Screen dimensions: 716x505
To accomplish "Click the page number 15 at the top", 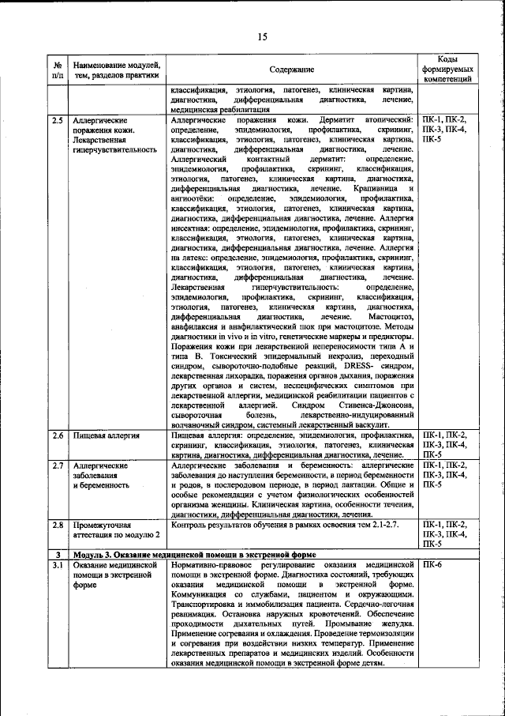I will [x=262, y=35].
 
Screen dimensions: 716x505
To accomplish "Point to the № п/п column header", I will [x=58, y=70].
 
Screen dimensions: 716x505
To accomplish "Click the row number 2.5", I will [x=58, y=119].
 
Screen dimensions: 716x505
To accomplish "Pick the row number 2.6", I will [x=58, y=435].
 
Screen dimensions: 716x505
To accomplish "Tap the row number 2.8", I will [x=58, y=524].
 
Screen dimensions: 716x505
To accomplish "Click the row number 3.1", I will [x=58, y=566].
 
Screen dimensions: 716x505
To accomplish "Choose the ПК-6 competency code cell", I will [x=433, y=566].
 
